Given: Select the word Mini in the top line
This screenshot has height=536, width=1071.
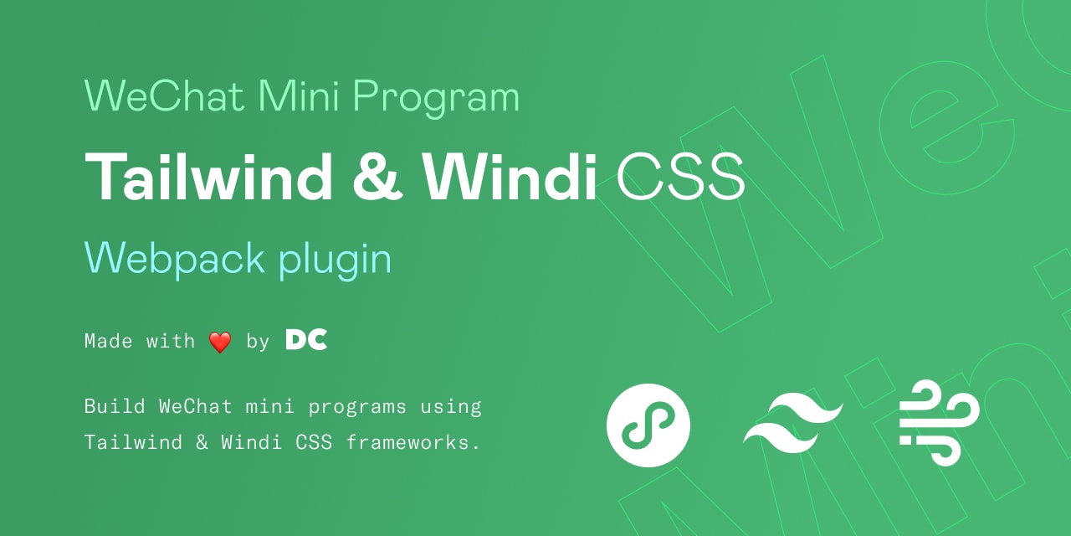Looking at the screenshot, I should (299, 96).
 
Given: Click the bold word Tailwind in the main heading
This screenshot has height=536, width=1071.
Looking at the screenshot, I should (208, 177).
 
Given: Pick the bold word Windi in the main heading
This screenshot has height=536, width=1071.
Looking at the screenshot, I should (509, 177).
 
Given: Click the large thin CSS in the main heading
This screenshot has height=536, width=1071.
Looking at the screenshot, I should (679, 177).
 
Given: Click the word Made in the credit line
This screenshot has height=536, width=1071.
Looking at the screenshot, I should (108, 341).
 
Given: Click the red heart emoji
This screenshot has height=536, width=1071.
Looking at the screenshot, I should (220, 342).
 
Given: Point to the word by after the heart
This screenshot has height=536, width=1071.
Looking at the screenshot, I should (258, 342).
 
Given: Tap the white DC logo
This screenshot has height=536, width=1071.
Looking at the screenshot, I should (306, 340).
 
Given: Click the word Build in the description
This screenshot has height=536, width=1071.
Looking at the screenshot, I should (114, 407).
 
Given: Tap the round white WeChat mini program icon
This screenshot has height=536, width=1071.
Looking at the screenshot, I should (648, 425).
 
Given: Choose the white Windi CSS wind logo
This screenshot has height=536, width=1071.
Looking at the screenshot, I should (939, 423).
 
